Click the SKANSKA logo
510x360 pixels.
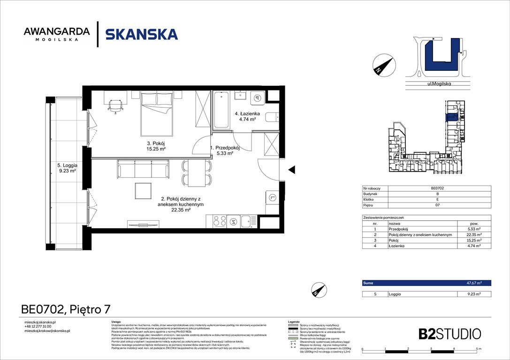point(141,34)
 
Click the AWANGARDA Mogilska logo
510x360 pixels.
point(56,34)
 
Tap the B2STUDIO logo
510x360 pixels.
point(449,334)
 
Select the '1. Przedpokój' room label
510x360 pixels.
point(225,150)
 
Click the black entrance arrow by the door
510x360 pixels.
point(291,169)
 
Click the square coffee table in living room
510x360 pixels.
point(144,190)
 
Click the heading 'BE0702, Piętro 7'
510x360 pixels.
point(66,309)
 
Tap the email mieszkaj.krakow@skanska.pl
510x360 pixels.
point(47,331)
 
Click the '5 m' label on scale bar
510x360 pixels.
point(478,349)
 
